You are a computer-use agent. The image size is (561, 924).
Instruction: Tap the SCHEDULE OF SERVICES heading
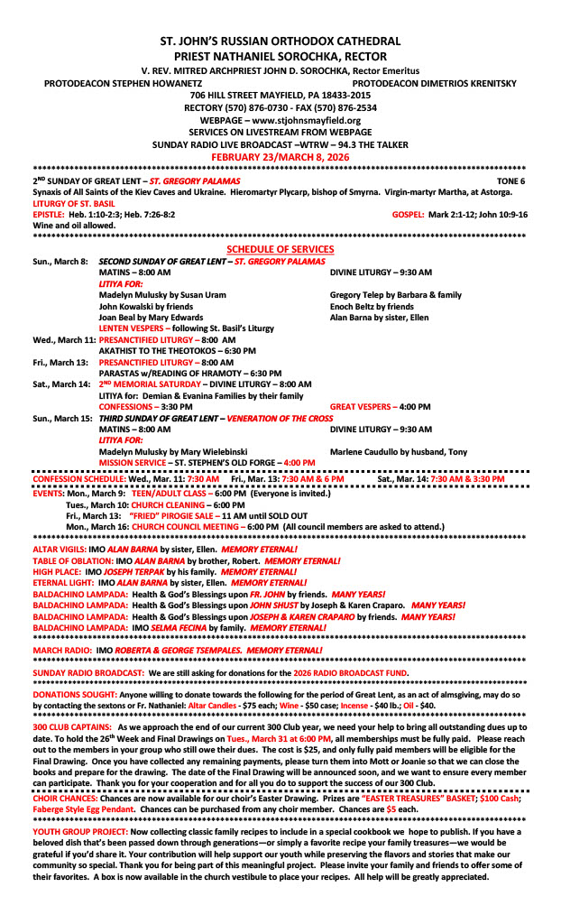tap(280, 249)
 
